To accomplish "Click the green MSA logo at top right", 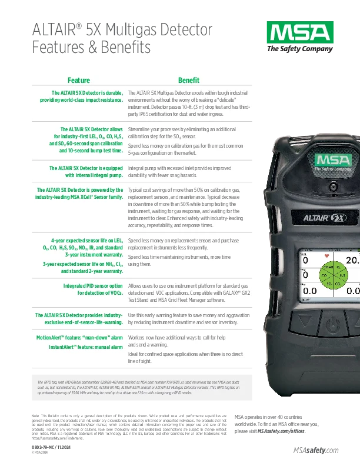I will pyautogui.click(x=294, y=31).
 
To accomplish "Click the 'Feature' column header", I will pyautogui.click(x=79, y=80).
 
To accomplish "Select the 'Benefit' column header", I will pyautogui.click(x=189, y=80).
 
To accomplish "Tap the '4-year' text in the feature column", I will pyautogui.click(x=62, y=241).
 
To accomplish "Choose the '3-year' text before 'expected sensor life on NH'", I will pyautogui.click(x=51, y=264).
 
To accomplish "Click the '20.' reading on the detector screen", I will pyautogui.click(x=352, y=260).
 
